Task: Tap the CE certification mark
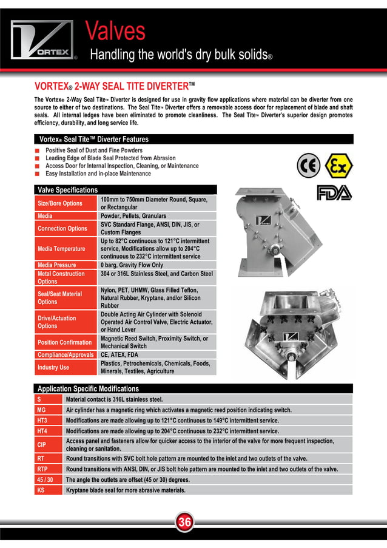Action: [x=309, y=164]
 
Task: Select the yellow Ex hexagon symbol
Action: [x=337, y=164]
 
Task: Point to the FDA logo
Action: [x=334, y=193]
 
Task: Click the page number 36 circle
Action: [x=185, y=522]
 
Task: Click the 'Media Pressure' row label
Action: [x=57, y=265]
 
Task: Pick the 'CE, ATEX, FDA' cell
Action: [x=119, y=354]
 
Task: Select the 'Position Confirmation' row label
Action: [x=65, y=342]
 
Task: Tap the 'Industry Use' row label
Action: [x=53, y=367]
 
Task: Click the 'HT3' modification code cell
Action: [x=42, y=420]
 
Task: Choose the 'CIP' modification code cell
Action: [x=42, y=444]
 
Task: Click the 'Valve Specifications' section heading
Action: [x=67, y=190]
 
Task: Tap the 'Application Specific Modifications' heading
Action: [x=89, y=388]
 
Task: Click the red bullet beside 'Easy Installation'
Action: [x=38, y=174]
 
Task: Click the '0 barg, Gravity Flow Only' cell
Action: [x=132, y=265]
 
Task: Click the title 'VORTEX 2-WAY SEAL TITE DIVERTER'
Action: [x=115, y=86]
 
